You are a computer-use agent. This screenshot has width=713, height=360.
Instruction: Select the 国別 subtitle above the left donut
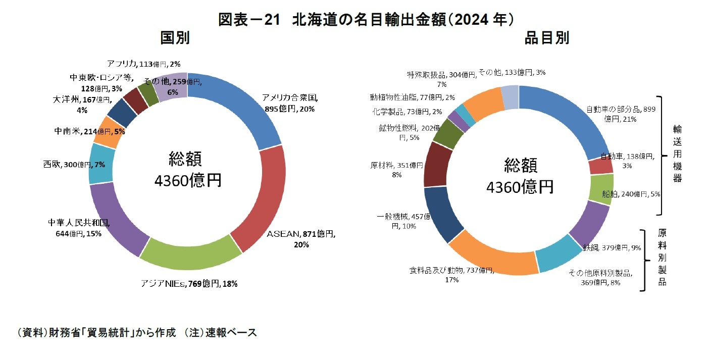[x=175, y=38]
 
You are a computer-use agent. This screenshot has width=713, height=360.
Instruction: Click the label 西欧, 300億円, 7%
[x=74, y=165]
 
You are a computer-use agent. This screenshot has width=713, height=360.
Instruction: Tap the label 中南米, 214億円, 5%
[x=89, y=131]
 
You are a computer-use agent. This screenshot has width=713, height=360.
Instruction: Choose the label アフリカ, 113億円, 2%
[x=143, y=64]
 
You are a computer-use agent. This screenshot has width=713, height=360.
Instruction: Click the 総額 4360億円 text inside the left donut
[x=187, y=170]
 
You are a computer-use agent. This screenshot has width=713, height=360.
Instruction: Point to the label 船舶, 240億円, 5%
[x=631, y=194]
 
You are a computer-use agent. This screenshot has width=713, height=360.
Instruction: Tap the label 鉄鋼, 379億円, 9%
[x=612, y=248]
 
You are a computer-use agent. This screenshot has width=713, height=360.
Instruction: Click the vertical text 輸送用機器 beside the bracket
[x=677, y=153]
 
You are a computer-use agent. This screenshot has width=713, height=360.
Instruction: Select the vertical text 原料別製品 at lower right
[x=662, y=258]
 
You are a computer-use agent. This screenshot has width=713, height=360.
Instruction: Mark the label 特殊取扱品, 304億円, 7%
[x=442, y=79]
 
